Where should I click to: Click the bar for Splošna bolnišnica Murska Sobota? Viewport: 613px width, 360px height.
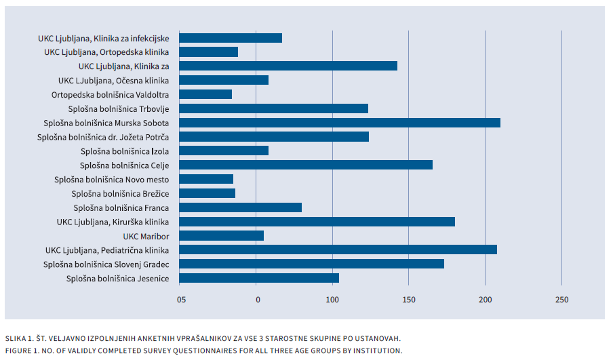tap(340, 123)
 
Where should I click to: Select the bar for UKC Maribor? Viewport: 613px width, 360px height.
tap(222, 236)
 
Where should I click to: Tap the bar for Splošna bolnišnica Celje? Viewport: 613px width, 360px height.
tap(306, 165)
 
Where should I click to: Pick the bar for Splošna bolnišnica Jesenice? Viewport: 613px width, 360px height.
tap(259, 278)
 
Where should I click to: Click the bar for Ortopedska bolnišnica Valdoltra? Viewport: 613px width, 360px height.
tap(205, 94)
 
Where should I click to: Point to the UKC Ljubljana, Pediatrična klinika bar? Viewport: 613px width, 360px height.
tap(338, 249)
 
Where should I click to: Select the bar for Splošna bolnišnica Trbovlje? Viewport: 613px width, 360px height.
tap(274, 108)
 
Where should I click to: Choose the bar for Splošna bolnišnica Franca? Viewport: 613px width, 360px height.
tap(241, 207)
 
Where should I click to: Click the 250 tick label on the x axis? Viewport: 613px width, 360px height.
tap(561, 300)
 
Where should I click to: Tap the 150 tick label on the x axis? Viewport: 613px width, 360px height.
tap(409, 300)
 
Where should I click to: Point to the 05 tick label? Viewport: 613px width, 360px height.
tap(180, 300)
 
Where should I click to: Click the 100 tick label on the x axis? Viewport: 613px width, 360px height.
tap(332, 300)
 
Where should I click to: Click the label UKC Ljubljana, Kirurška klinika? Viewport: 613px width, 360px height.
tap(113, 222)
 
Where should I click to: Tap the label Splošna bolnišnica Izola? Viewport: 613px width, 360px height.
tap(125, 151)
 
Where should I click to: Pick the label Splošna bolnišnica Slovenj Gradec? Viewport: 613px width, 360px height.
tap(106, 264)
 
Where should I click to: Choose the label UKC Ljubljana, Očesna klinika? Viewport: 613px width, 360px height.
tap(114, 80)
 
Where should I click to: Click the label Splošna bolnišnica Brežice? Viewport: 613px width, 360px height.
tap(120, 193)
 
